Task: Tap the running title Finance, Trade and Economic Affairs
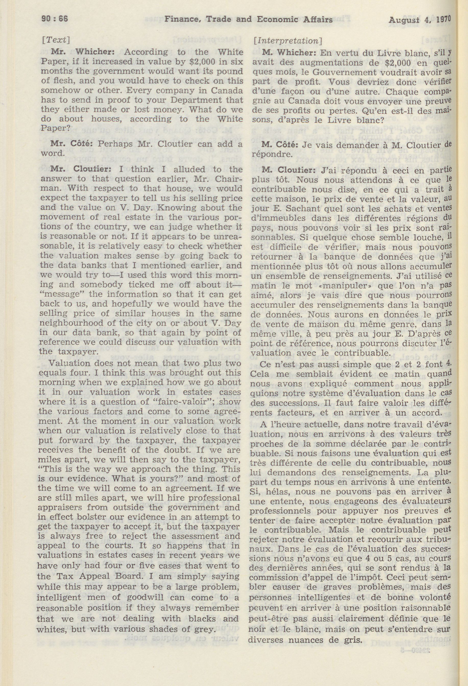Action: tap(248, 19)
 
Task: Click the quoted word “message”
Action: tap(57, 294)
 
